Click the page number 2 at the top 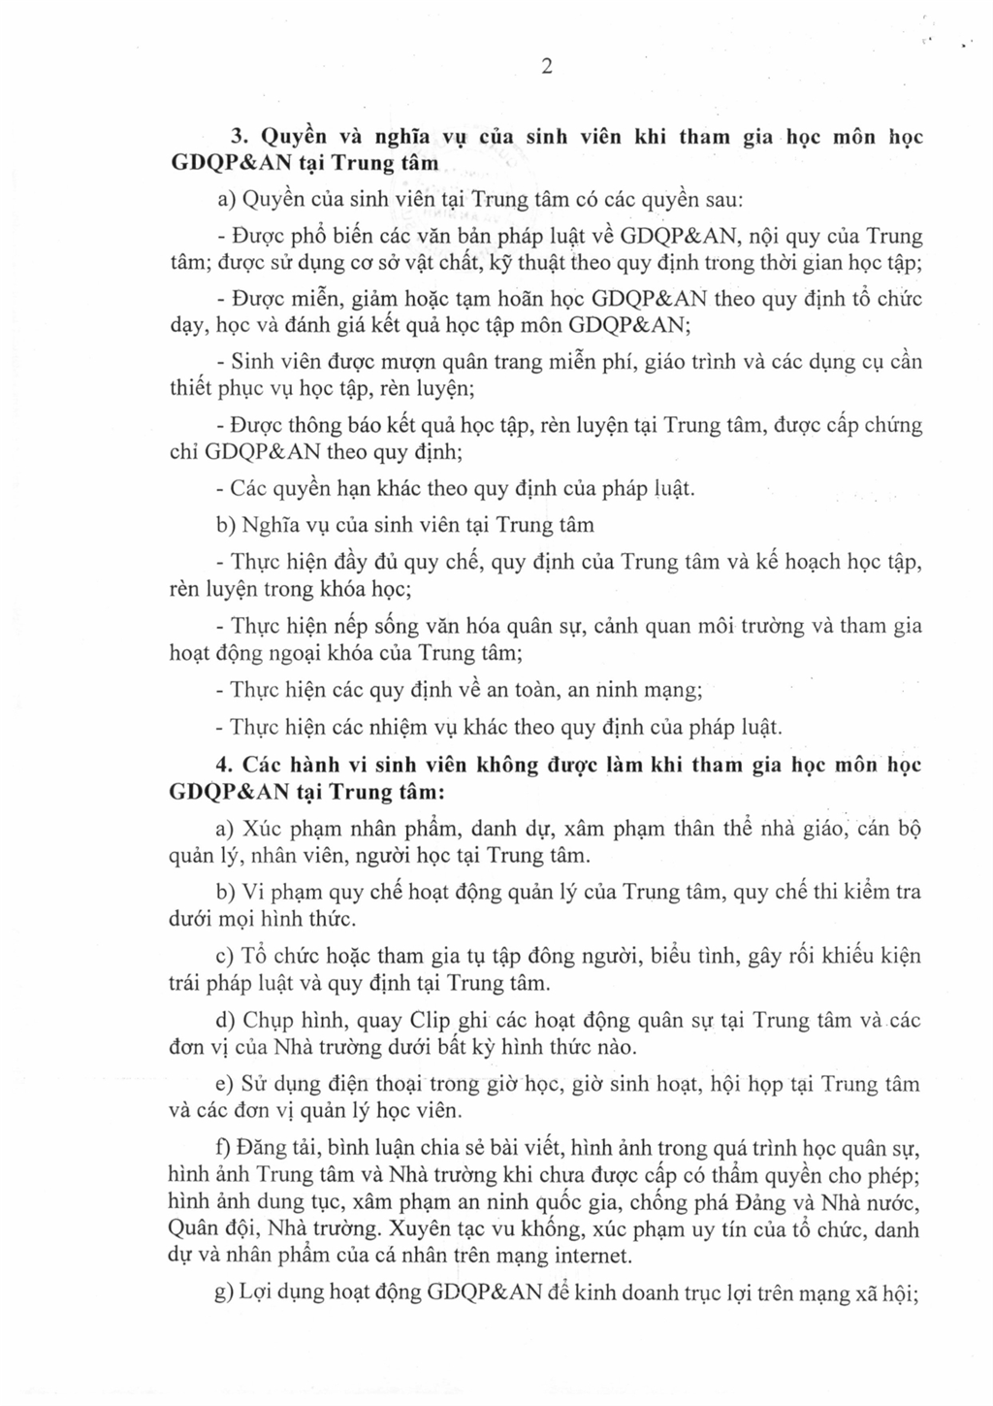click(x=547, y=67)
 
